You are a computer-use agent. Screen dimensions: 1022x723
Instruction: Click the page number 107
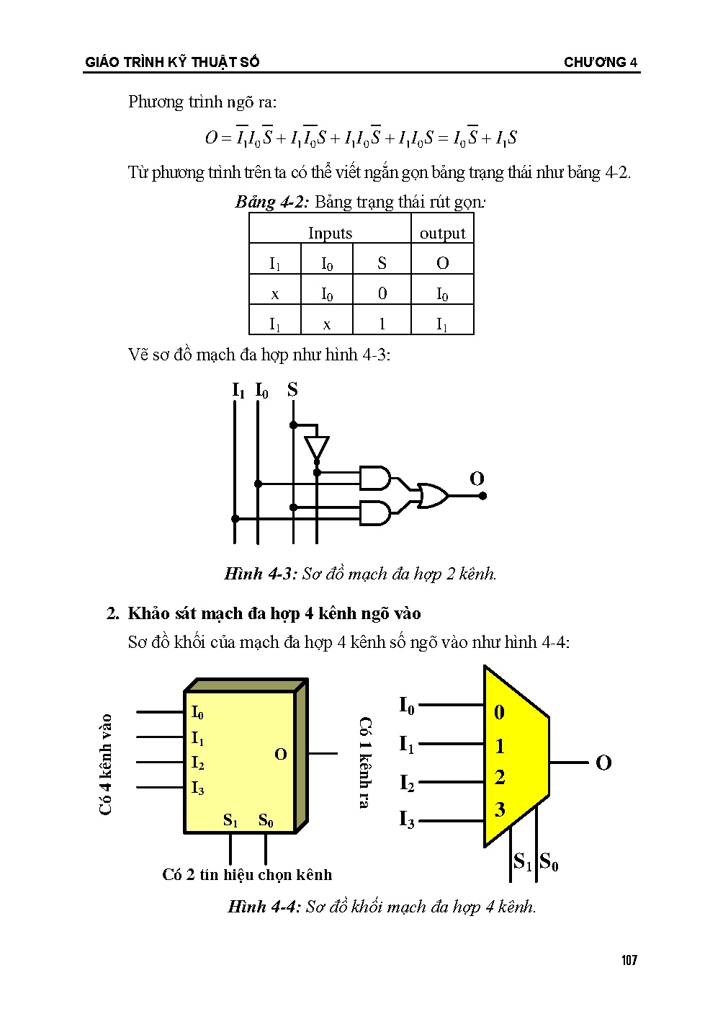pos(629,960)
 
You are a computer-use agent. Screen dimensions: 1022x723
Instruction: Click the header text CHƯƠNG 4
pos(601,63)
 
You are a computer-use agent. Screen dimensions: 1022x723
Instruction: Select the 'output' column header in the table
pos(442,233)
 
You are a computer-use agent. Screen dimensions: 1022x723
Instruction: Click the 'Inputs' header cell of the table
pos(330,233)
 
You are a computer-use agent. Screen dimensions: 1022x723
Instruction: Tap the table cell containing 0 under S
pos(382,293)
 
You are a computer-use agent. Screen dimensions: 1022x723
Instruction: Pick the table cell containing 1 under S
pos(382,324)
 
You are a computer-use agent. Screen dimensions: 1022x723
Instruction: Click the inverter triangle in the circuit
pos(316,447)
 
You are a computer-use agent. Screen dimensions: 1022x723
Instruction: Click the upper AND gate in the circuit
pos(374,478)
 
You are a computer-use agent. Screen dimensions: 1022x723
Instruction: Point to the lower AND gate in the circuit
pos(374,512)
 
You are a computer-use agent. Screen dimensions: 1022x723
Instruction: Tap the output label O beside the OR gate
pos(477,479)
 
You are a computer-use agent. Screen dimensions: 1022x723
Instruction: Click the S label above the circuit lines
pos(292,390)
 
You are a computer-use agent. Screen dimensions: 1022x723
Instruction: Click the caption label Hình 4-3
pos(260,574)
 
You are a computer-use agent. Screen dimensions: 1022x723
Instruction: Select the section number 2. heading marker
pos(112,613)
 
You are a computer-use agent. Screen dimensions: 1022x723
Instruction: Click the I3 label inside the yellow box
pos(197,788)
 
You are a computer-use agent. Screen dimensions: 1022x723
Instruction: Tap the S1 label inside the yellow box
pos(230,820)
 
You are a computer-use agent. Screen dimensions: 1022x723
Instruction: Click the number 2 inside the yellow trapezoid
pos(500,778)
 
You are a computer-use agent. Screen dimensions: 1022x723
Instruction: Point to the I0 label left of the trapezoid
pos(407,705)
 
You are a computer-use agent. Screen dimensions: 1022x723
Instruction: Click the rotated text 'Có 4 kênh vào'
pos(106,764)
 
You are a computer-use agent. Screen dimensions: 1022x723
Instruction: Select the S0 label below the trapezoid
pos(549,861)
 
